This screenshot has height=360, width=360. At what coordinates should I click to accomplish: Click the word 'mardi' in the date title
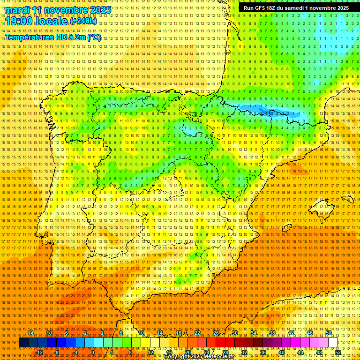(x=18, y=10)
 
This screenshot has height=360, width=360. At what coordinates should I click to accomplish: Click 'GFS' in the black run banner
(x=260, y=8)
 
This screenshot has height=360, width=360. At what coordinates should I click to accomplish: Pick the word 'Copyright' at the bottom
(x=176, y=357)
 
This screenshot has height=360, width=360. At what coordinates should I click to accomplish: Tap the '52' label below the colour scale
(x=338, y=352)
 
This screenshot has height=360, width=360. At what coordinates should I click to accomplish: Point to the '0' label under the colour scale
(x=93, y=352)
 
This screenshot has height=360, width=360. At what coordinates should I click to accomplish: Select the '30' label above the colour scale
(x=234, y=333)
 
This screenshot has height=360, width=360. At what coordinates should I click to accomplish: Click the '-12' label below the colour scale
(x=39, y=352)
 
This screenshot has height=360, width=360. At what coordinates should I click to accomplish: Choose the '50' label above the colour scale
(x=329, y=333)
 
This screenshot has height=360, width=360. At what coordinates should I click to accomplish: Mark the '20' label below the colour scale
(x=188, y=352)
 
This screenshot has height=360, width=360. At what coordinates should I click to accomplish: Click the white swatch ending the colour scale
(x=333, y=343)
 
